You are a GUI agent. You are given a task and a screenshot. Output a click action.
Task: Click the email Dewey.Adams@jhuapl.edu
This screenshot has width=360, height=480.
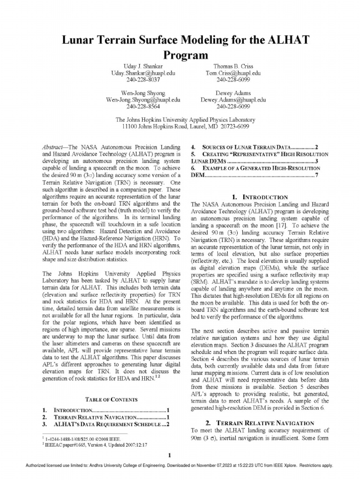pos(233,100)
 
